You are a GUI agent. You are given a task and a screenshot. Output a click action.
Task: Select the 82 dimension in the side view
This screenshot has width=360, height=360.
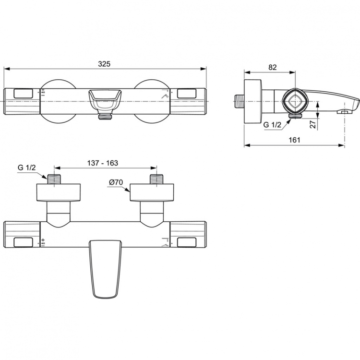coord(272,67)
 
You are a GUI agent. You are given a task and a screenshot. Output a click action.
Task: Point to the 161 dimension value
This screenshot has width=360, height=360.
coord(295,140)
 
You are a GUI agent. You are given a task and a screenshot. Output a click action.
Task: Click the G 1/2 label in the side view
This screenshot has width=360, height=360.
coord(273,125)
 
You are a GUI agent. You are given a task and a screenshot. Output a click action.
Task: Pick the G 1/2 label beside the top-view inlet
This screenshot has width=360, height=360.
coord(27,168)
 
